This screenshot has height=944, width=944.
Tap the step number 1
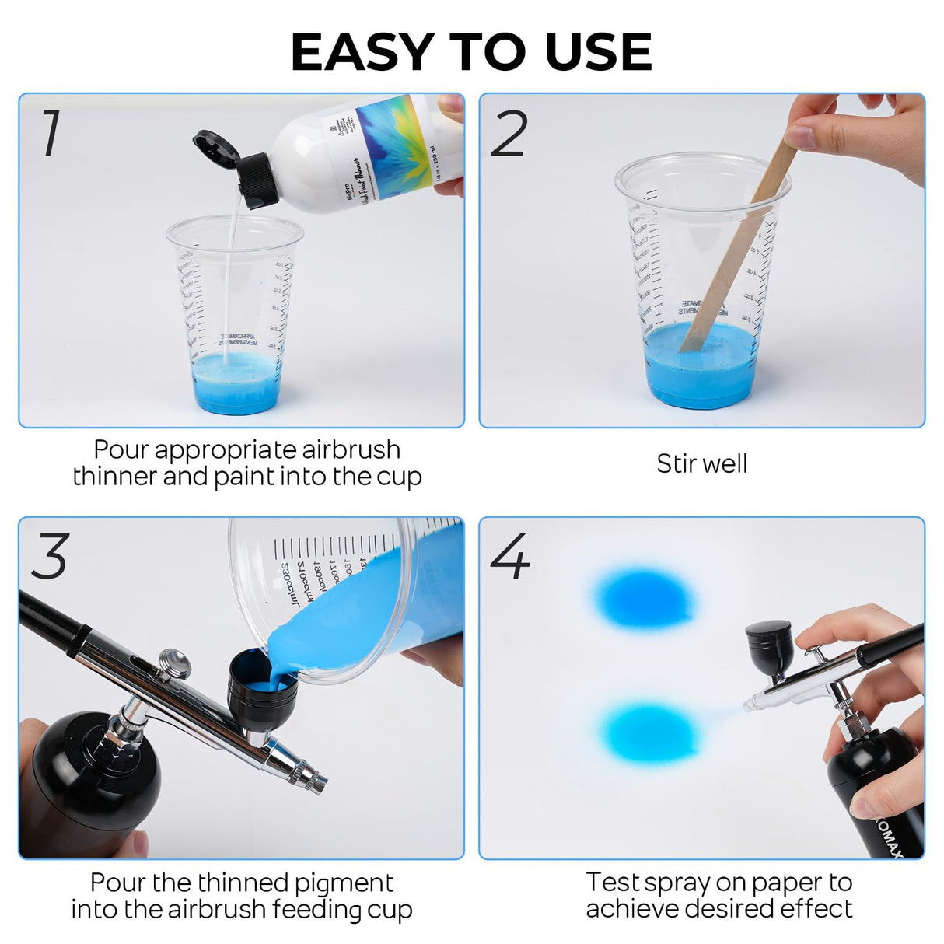51,133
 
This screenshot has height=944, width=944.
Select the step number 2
509,134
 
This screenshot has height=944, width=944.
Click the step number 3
50,557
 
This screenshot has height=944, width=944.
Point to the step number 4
510,557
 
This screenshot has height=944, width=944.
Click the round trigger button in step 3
174,663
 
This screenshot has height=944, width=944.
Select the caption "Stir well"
701,463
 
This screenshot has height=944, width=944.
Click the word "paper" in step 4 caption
785,883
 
